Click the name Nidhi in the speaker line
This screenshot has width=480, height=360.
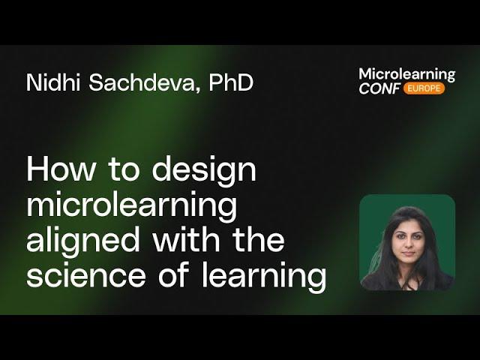pyautogui.click(x=52, y=82)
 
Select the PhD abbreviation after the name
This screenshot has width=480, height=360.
pyautogui.click(x=231, y=82)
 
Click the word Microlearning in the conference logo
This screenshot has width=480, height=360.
pyautogui.click(x=406, y=74)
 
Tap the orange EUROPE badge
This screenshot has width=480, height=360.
pyautogui.click(x=424, y=88)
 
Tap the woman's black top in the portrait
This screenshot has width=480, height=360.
pyautogui.click(x=407, y=281)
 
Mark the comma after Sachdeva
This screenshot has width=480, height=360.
pyautogui.click(x=201, y=90)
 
